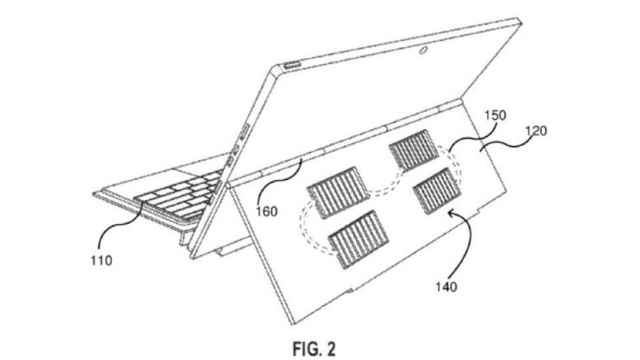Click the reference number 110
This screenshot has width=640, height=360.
coord(101,260)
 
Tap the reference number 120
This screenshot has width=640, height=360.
coord(536,131)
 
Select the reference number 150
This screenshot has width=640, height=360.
coord(495,115)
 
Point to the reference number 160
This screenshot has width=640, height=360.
coord(267,211)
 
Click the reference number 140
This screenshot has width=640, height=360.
coord(446,287)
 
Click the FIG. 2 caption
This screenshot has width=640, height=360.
coord(314,349)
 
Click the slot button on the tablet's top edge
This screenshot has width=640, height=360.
coord(291,65)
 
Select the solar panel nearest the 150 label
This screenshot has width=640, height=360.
coord(414,150)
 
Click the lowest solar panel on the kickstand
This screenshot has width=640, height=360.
coord(359,239)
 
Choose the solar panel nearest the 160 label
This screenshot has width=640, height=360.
coord(333,192)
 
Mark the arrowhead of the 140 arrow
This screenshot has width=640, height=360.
coord(451,212)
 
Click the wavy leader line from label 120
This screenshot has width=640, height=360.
coord(505,147)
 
